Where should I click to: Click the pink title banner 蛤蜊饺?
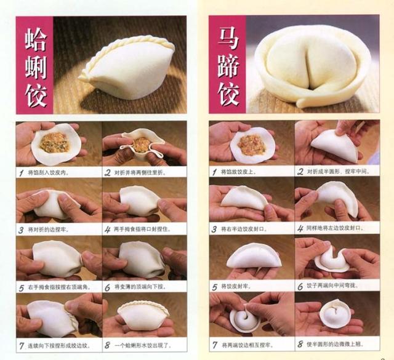point(35,65)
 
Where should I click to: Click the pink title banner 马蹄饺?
point(226,64)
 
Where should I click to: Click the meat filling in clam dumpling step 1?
point(55,143)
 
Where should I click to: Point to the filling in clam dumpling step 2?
point(142,145)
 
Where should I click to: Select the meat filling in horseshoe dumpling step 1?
point(252,145)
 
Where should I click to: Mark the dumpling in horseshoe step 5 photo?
point(254,256)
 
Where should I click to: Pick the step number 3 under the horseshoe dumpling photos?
point(214,229)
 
